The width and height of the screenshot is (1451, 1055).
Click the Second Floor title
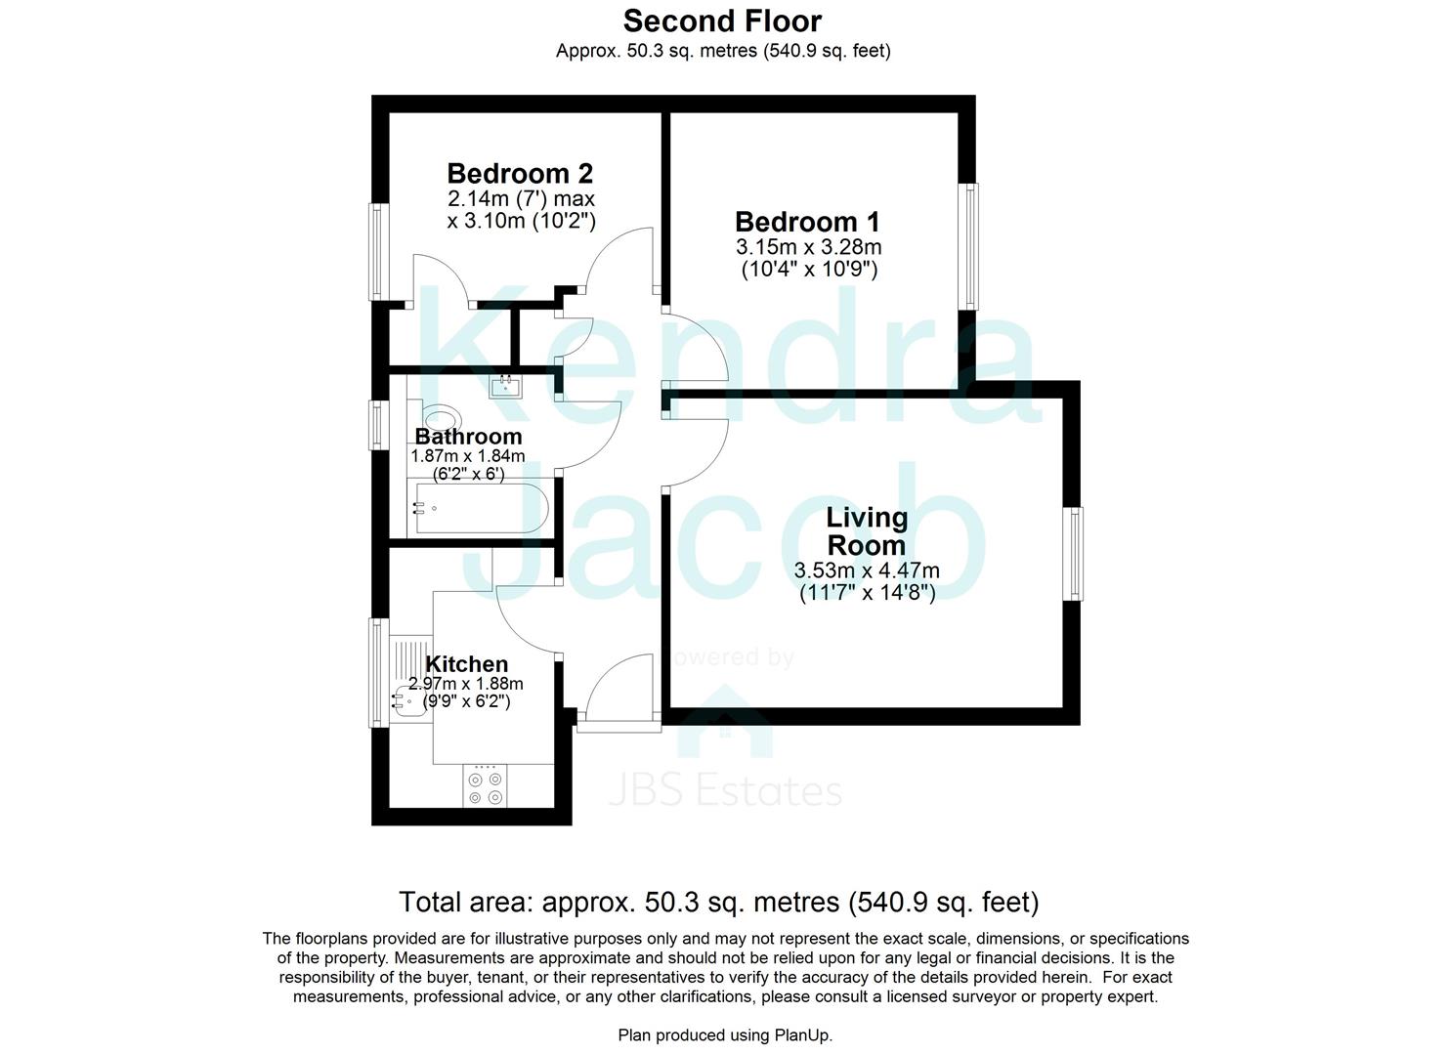[x=722, y=21]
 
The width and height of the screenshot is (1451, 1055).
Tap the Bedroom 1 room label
[x=807, y=222]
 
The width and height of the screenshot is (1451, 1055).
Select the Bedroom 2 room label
[x=520, y=174]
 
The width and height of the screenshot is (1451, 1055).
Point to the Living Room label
[x=866, y=531]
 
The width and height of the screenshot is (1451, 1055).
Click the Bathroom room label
[x=468, y=437]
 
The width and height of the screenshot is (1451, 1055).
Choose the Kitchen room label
[x=466, y=664]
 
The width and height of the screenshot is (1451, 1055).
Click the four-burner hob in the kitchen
[x=486, y=787]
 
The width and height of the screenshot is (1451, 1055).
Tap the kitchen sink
[x=409, y=699]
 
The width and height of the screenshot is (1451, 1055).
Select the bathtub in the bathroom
[x=478, y=508]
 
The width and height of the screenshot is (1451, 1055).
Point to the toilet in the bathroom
[x=440, y=418]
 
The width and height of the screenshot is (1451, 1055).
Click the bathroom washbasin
[x=506, y=385]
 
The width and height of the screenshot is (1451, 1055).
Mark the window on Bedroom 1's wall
[x=968, y=246]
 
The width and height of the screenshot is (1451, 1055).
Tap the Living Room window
[x=1074, y=553]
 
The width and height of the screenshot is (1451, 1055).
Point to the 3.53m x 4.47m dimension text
[x=867, y=570]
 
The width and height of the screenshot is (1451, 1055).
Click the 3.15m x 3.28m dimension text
[x=808, y=247]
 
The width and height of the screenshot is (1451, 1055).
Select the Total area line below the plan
[x=718, y=901]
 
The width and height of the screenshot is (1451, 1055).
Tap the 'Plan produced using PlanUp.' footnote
[x=725, y=1034]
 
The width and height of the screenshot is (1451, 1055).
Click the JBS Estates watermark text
[x=724, y=790]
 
